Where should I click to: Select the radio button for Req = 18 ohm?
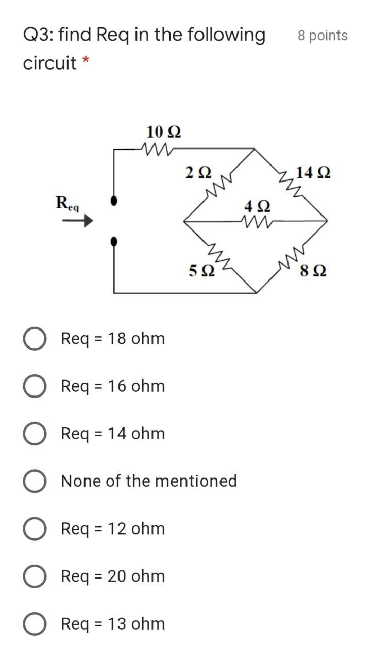tap(35, 339)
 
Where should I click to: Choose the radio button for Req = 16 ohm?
tap(35, 386)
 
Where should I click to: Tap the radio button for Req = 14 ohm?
tap(35, 434)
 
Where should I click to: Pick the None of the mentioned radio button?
tap(35, 481)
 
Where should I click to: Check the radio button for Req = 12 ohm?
tap(35, 529)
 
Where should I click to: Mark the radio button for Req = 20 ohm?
tap(35, 576)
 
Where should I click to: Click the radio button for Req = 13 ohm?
tap(35, 624)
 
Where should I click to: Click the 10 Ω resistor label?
tap(163, 132)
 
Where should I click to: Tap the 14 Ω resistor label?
tap(313, 172)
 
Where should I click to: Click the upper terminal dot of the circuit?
tap(114, 200)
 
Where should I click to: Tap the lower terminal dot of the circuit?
tap(114, 240)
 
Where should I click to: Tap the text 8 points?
tap(323, 36)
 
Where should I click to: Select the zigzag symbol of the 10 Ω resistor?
tap(159, 148)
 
